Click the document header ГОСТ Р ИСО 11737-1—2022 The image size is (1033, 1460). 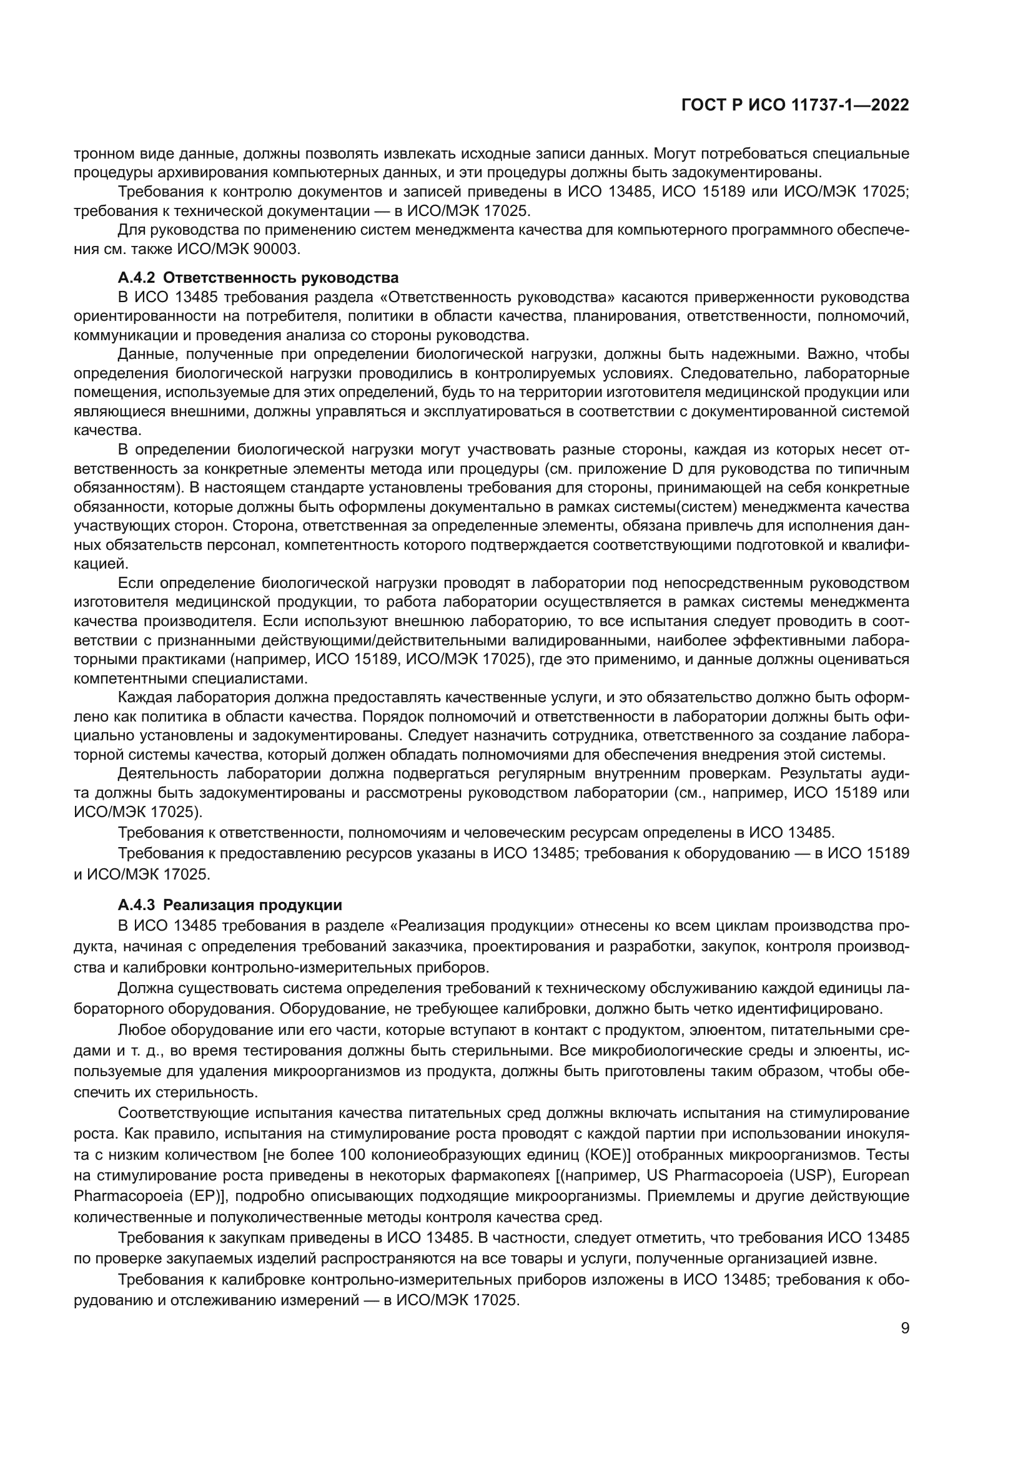tap(794, 105)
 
